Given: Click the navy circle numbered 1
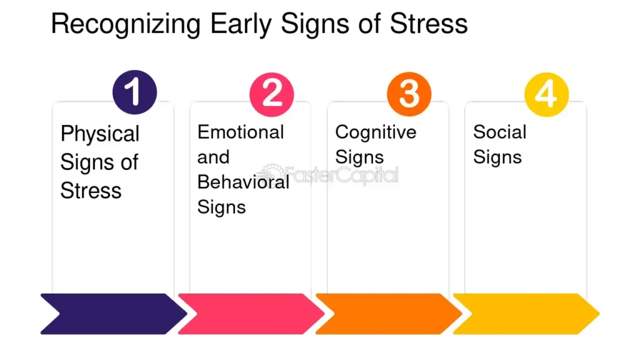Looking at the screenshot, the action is point(135,92).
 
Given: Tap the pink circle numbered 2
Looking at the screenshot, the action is point(272,94).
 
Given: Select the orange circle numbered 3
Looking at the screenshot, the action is point(409,94).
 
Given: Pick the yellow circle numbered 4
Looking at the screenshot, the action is point(546,94).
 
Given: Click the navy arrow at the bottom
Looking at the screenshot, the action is point(114,314).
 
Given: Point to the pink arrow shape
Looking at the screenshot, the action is point(251,314).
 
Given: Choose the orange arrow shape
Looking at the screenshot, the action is point(389,314).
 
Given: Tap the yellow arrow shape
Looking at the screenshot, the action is point(526,314).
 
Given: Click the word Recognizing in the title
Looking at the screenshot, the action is point(126,24).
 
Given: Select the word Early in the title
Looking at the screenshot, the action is point(241,24).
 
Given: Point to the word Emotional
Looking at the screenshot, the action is point(241,132).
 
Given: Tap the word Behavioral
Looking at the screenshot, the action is point(243,182).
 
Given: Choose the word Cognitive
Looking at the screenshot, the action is point(376,132).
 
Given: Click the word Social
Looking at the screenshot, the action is point(499,132).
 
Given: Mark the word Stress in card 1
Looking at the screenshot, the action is point(91,191).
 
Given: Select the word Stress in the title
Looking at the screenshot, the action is point(429,24).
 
